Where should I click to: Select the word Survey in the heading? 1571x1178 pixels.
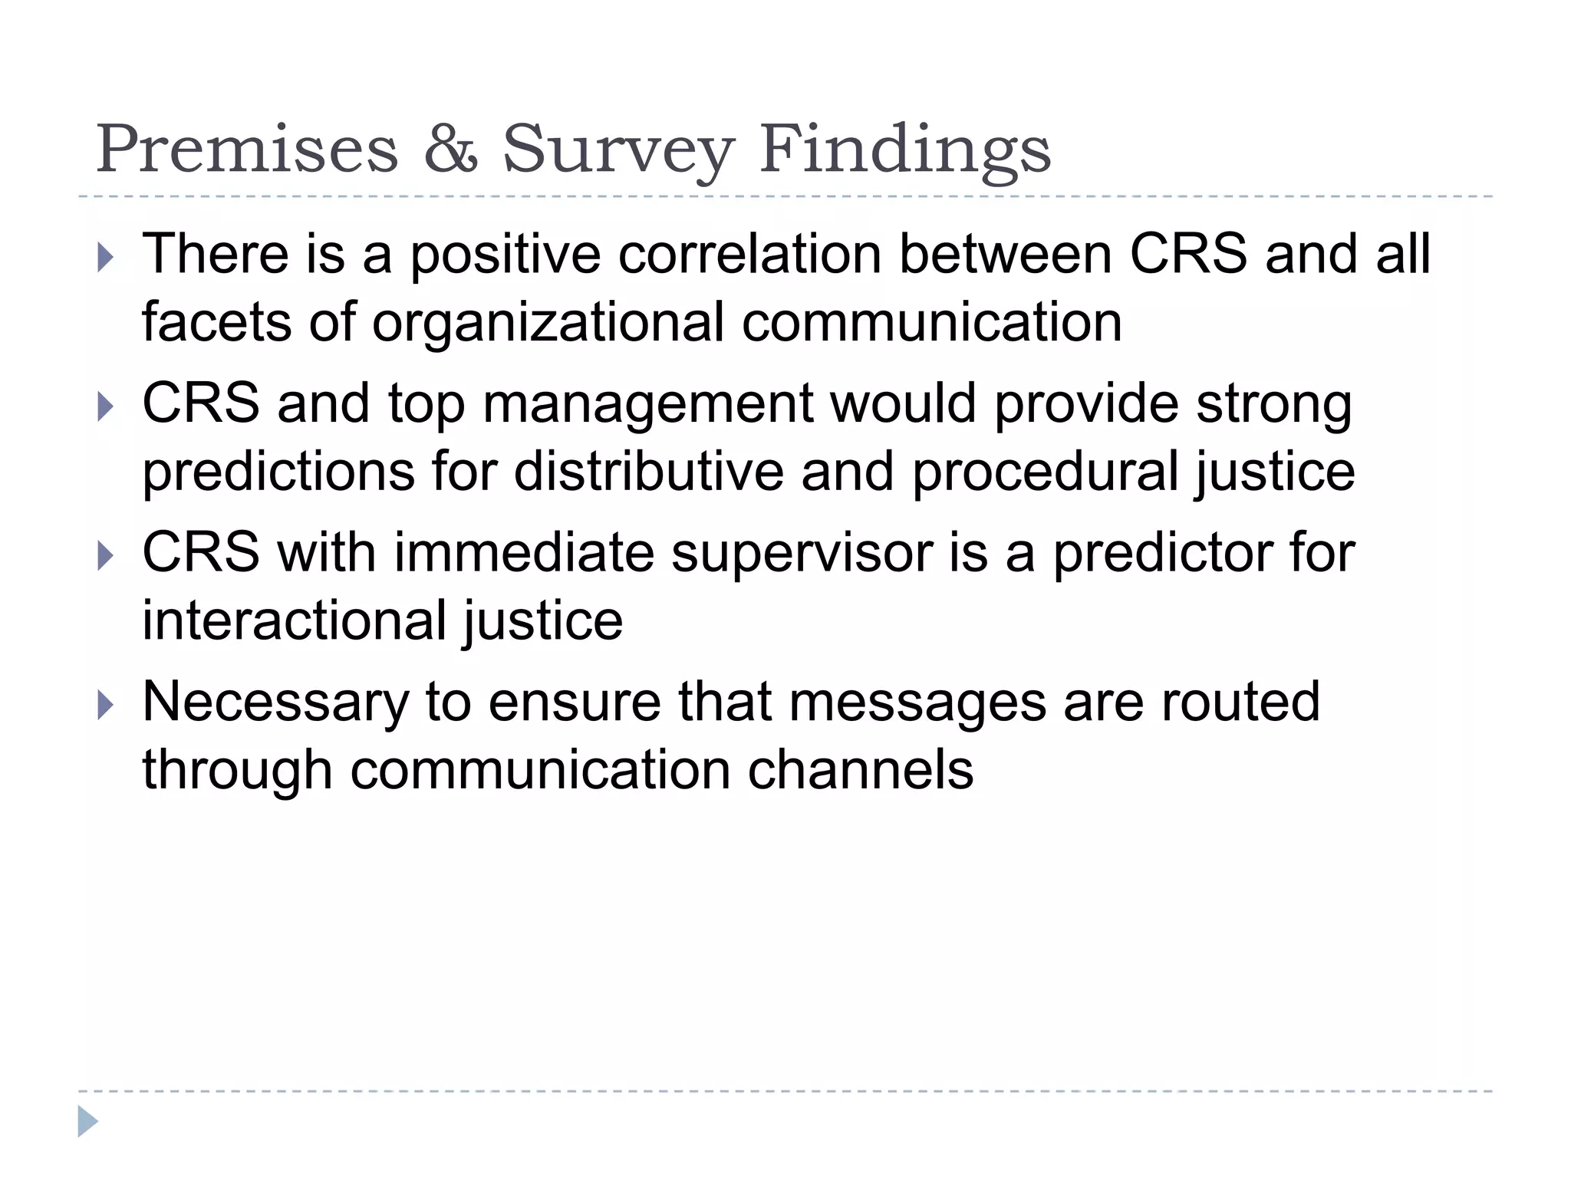[x=618, y=150]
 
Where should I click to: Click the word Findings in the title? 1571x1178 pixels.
[x=905, y=150]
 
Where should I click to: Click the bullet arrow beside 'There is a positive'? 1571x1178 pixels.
[x=106, y=258]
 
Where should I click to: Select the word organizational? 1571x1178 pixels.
[x=548, y=322]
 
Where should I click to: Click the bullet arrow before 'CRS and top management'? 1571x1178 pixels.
[x=106, y=406]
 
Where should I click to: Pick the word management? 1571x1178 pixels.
[x=647, y=404]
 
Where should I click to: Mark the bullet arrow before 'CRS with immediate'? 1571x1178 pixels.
[x=106, y=555]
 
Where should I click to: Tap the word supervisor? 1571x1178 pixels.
[x=801, y=553]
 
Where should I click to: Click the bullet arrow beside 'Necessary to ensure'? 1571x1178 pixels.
[x=106, y=705]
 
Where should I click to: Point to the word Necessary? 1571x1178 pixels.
[x=275, y=702]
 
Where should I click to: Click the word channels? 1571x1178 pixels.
[x=860, y=770]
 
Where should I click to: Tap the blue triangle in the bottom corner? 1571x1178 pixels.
[x=87, y=1121]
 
